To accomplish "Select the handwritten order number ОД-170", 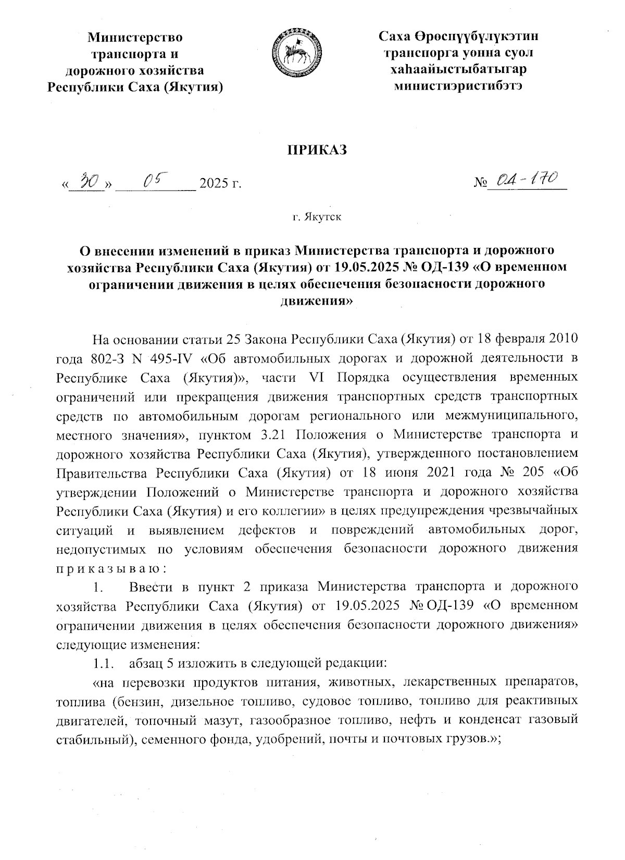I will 528,181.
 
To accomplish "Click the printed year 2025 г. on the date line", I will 220,184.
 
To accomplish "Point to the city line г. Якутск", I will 317,217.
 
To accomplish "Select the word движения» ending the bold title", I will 317,301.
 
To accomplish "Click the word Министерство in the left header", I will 135,38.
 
